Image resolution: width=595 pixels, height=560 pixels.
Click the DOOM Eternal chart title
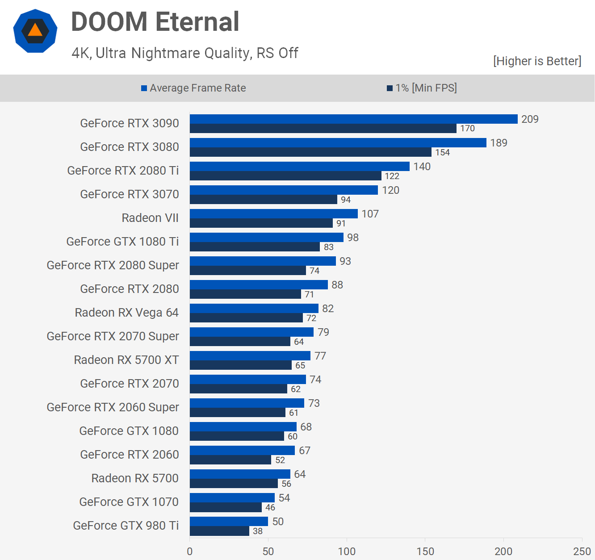pos(155,22)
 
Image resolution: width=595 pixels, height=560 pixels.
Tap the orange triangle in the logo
pos(35,30)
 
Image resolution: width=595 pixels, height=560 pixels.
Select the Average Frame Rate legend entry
pos(193,88)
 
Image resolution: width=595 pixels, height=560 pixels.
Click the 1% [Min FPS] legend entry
pos(422,88)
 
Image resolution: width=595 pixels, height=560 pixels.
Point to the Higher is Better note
pos(537,61)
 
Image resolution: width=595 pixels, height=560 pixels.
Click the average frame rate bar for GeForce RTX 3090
pos(353,119)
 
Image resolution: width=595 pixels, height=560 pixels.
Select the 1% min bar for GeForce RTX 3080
pos(310,152)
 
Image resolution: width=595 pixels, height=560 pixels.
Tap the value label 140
pos(422,167)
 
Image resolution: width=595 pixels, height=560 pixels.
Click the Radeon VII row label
pos(150,218)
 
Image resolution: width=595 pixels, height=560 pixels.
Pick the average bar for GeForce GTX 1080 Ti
pos(266,237)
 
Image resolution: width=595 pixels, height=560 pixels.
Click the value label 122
pos(392,176)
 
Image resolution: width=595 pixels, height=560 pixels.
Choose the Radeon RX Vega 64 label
pos(126,313)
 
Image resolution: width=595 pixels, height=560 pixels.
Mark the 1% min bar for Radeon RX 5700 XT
pos(241,365)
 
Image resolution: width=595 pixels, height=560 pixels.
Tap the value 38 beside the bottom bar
pos(258,531)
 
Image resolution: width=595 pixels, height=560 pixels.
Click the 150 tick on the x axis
pos(425,552)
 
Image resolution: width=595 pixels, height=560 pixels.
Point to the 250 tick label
pos(582,552)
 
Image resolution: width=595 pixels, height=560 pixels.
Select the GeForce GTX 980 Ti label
pos(126,526)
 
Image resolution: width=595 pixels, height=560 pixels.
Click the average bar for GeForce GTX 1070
pos(232,497)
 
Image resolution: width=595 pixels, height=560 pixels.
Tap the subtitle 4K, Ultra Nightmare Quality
pos(184,53)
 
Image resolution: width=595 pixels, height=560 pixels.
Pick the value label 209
pos(530,119)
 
